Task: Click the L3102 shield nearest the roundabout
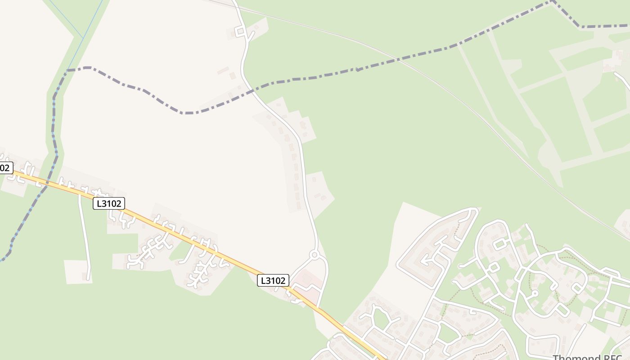(x=273, y=280)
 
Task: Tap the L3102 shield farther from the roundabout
(x=108, y=203)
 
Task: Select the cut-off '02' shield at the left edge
(x=5, y=168)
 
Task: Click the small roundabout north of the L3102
(x=315, y=256)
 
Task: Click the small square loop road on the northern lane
(x=240, y=31)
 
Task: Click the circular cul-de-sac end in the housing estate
(x=535, y=293)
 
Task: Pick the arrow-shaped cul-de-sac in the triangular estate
(x=425, y=260)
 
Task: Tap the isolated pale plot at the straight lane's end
(x=78, y=272)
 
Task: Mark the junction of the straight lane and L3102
(x=80, y=195)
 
